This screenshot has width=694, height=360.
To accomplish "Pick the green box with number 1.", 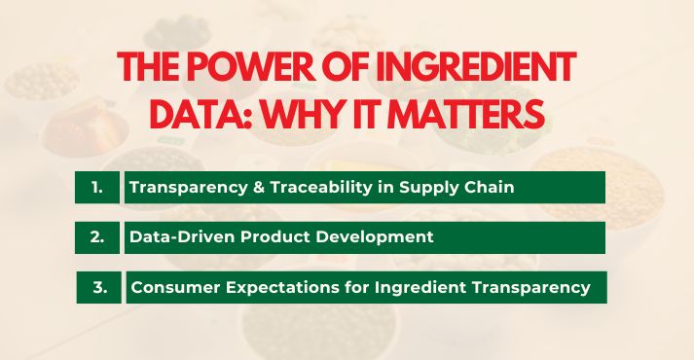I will (x=97, y=188).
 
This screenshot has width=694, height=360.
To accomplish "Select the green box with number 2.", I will (x=97, y=237).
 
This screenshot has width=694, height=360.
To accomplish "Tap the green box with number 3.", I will (x=98, y=288).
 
